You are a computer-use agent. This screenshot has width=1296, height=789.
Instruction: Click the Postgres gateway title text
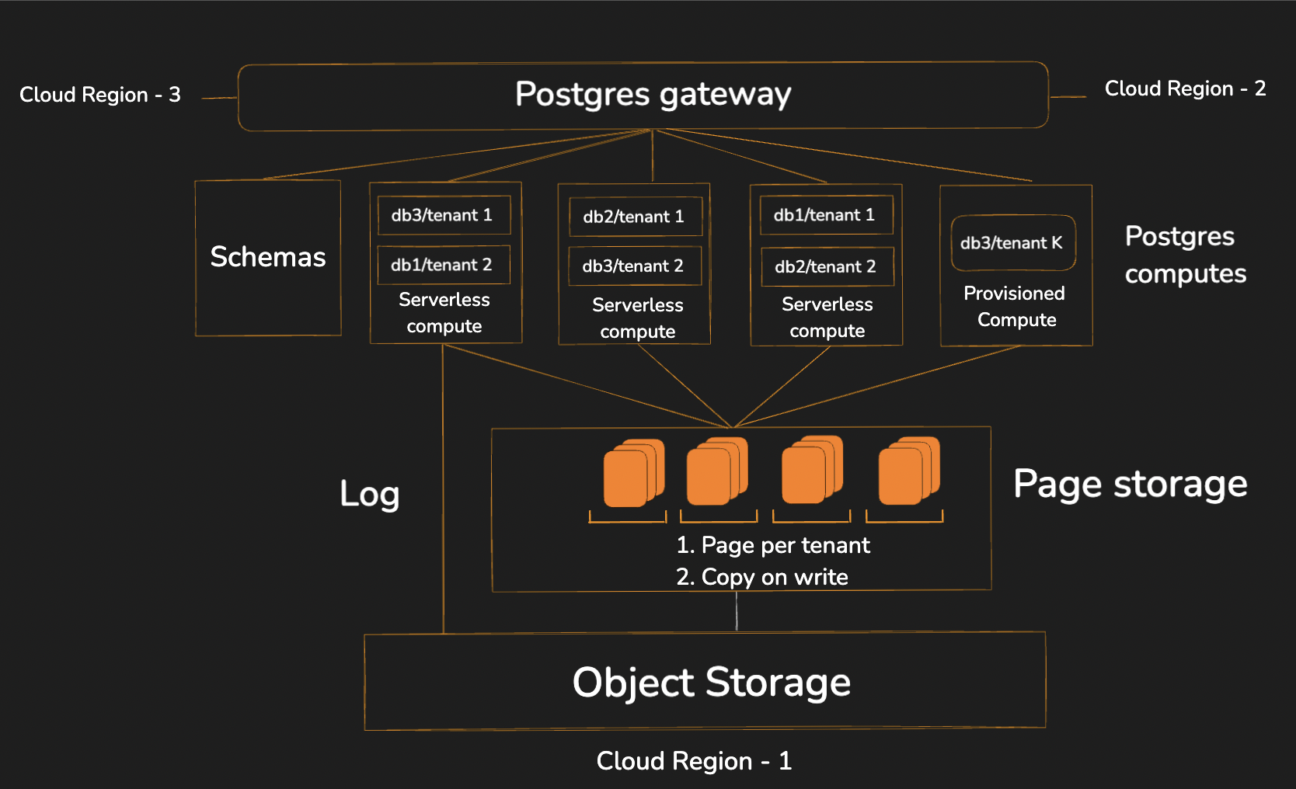coord(653,95)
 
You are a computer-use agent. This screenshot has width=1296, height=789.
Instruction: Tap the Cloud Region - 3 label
coord(99,95)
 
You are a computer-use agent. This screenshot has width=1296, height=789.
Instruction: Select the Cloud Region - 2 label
coord(1185,89)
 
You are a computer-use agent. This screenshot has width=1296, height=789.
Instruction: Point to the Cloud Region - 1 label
coord(694,761)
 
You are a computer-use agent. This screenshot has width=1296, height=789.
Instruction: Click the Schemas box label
coord(268,257)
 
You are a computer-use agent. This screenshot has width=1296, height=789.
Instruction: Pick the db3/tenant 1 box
coord(443,215)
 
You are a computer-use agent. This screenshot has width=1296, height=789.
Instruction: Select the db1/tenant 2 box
coord(443,265)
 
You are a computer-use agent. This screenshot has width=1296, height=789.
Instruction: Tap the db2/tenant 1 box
coord(635,217)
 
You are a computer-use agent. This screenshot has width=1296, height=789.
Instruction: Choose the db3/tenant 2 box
coord(634,266)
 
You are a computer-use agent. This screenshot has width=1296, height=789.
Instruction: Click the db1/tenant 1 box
coord(825,215)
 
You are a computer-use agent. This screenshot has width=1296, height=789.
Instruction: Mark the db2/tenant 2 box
coord(827,266)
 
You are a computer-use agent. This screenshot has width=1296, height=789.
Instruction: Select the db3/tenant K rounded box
coord(1012,243)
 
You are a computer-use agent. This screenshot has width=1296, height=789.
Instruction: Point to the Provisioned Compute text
coord(1016,307)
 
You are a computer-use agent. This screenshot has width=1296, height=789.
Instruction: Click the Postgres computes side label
coord(1185,255)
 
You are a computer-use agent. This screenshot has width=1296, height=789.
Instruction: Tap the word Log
coord(370,495)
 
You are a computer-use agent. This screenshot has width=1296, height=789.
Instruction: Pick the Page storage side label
coord(1131,485)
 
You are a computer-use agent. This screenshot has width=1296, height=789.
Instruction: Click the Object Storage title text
coord(711,683)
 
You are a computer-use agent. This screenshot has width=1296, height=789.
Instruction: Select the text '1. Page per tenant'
coord(773,545)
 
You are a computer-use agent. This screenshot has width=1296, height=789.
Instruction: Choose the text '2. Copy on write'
coord(762,577)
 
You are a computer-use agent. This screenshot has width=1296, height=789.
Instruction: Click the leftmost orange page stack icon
coord(632,473)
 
